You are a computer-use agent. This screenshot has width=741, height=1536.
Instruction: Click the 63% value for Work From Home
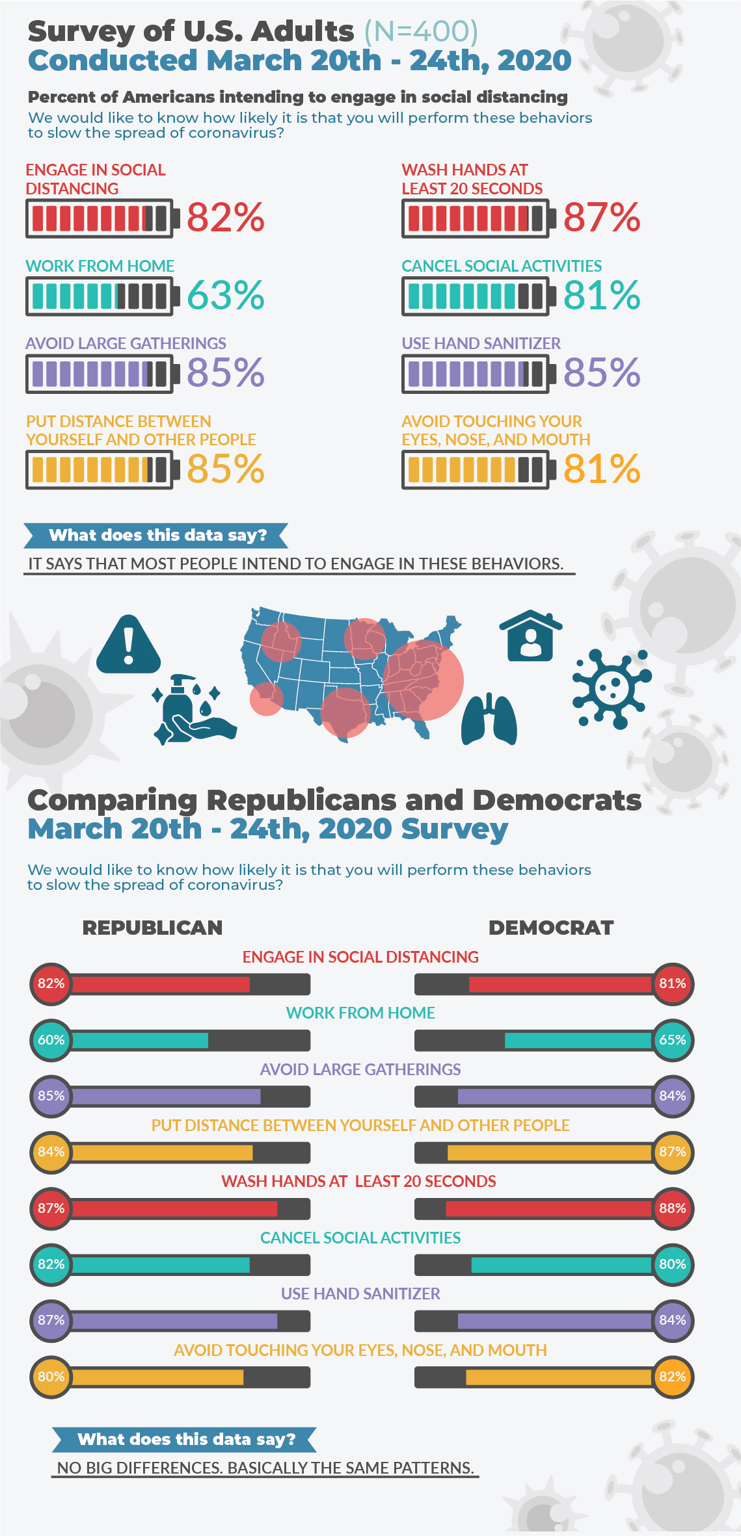click(x=225, y=296)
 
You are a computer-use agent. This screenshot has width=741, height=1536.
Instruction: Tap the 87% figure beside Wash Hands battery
click(x=601, y=218)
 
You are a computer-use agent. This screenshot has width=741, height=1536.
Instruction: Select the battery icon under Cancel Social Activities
click(x=478, y=296)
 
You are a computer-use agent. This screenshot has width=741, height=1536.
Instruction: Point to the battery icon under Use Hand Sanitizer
click(x=478, y=374)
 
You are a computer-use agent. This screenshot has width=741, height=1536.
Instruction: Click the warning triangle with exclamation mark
click(x=128, y=645)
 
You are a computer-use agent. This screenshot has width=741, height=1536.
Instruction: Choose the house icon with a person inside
click(x=530, y=636)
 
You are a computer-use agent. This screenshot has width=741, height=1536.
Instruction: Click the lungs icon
click(x=489, y=720)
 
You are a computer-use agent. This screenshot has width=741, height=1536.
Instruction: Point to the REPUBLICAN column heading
click(x=152, y=928)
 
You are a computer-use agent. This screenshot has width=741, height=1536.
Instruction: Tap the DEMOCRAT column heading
click(x=551, y=928)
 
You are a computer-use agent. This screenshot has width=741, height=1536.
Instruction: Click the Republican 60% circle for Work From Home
click(x=51, y=1040)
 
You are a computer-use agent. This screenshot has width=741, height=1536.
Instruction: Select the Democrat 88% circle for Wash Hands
click(x=673, y=1208)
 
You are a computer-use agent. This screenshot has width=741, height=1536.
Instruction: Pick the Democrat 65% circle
click(x=673, y=1040)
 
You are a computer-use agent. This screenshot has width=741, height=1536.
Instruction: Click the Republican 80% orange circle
click(x=51, y=1377)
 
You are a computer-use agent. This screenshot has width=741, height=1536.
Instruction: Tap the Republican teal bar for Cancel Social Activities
click(x=161, y=1264)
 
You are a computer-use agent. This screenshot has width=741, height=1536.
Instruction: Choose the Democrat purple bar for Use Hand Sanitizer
click(x=554, y=1320)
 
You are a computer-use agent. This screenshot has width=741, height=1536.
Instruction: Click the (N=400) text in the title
click(x=421, y=31)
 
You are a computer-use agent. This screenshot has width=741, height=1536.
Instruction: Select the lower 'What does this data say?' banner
click(x=185, y=1439)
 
